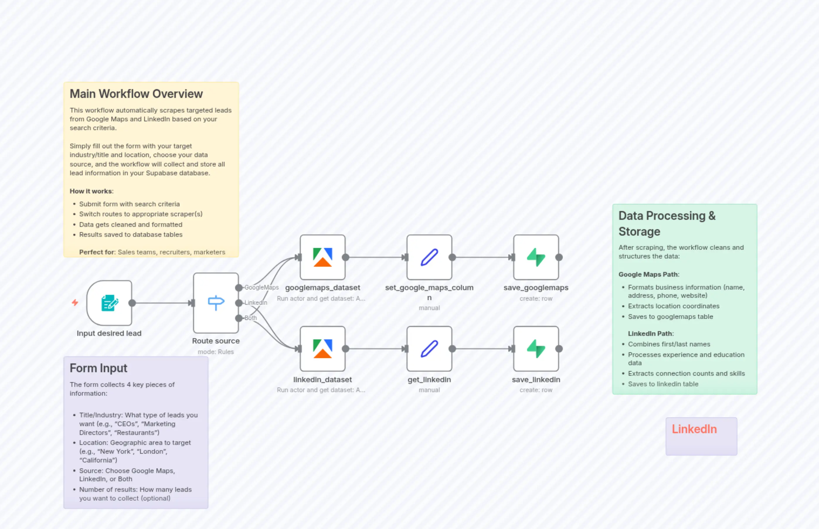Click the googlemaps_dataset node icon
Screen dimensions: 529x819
[322, 257]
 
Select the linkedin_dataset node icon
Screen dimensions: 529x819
[322, 349]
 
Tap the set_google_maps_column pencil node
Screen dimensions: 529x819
[429, 257]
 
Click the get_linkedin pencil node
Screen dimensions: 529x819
[429, 349]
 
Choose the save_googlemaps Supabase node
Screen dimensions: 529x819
[536, 257]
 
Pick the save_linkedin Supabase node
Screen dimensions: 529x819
[536, 349]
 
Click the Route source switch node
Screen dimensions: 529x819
[216, 303]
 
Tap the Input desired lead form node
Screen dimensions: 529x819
[109, 303]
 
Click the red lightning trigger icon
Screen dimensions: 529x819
[75, 303]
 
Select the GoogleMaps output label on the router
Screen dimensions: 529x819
[261, 288]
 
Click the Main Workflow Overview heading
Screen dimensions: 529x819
[136, 94]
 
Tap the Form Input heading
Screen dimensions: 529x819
[98, 368]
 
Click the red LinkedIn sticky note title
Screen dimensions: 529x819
[694, 429]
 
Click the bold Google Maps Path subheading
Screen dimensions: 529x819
[649, 274]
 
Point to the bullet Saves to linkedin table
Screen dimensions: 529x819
[663, 384]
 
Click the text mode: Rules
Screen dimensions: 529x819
[216, 352]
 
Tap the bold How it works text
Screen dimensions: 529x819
[91, 191]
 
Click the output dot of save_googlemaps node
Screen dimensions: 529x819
[559, 257]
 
